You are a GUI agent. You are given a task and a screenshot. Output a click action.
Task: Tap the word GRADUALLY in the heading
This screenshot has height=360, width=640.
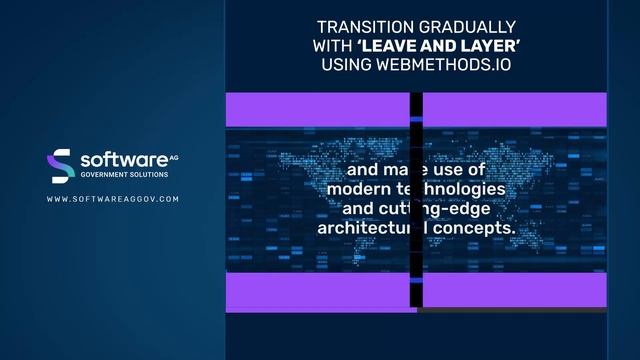[x=470, y=26]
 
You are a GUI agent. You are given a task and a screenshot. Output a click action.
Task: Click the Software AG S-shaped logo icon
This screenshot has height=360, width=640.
[x=61, y=165]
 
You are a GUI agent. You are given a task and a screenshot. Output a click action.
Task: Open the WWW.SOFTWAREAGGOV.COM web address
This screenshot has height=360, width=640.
[x=113, y=199]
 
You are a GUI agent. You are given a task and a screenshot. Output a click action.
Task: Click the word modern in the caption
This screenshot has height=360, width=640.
[x=363, y=189]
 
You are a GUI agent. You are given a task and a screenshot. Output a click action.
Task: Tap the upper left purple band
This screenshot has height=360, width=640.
[x=318, y=109]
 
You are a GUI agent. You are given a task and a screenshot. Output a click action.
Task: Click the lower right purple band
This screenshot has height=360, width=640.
[x=514, y=290]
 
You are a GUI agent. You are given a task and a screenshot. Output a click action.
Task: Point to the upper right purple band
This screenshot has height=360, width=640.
[x=514, y=109]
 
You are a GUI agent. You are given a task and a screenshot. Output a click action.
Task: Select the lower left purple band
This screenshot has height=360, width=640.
[x=318, y=290]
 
